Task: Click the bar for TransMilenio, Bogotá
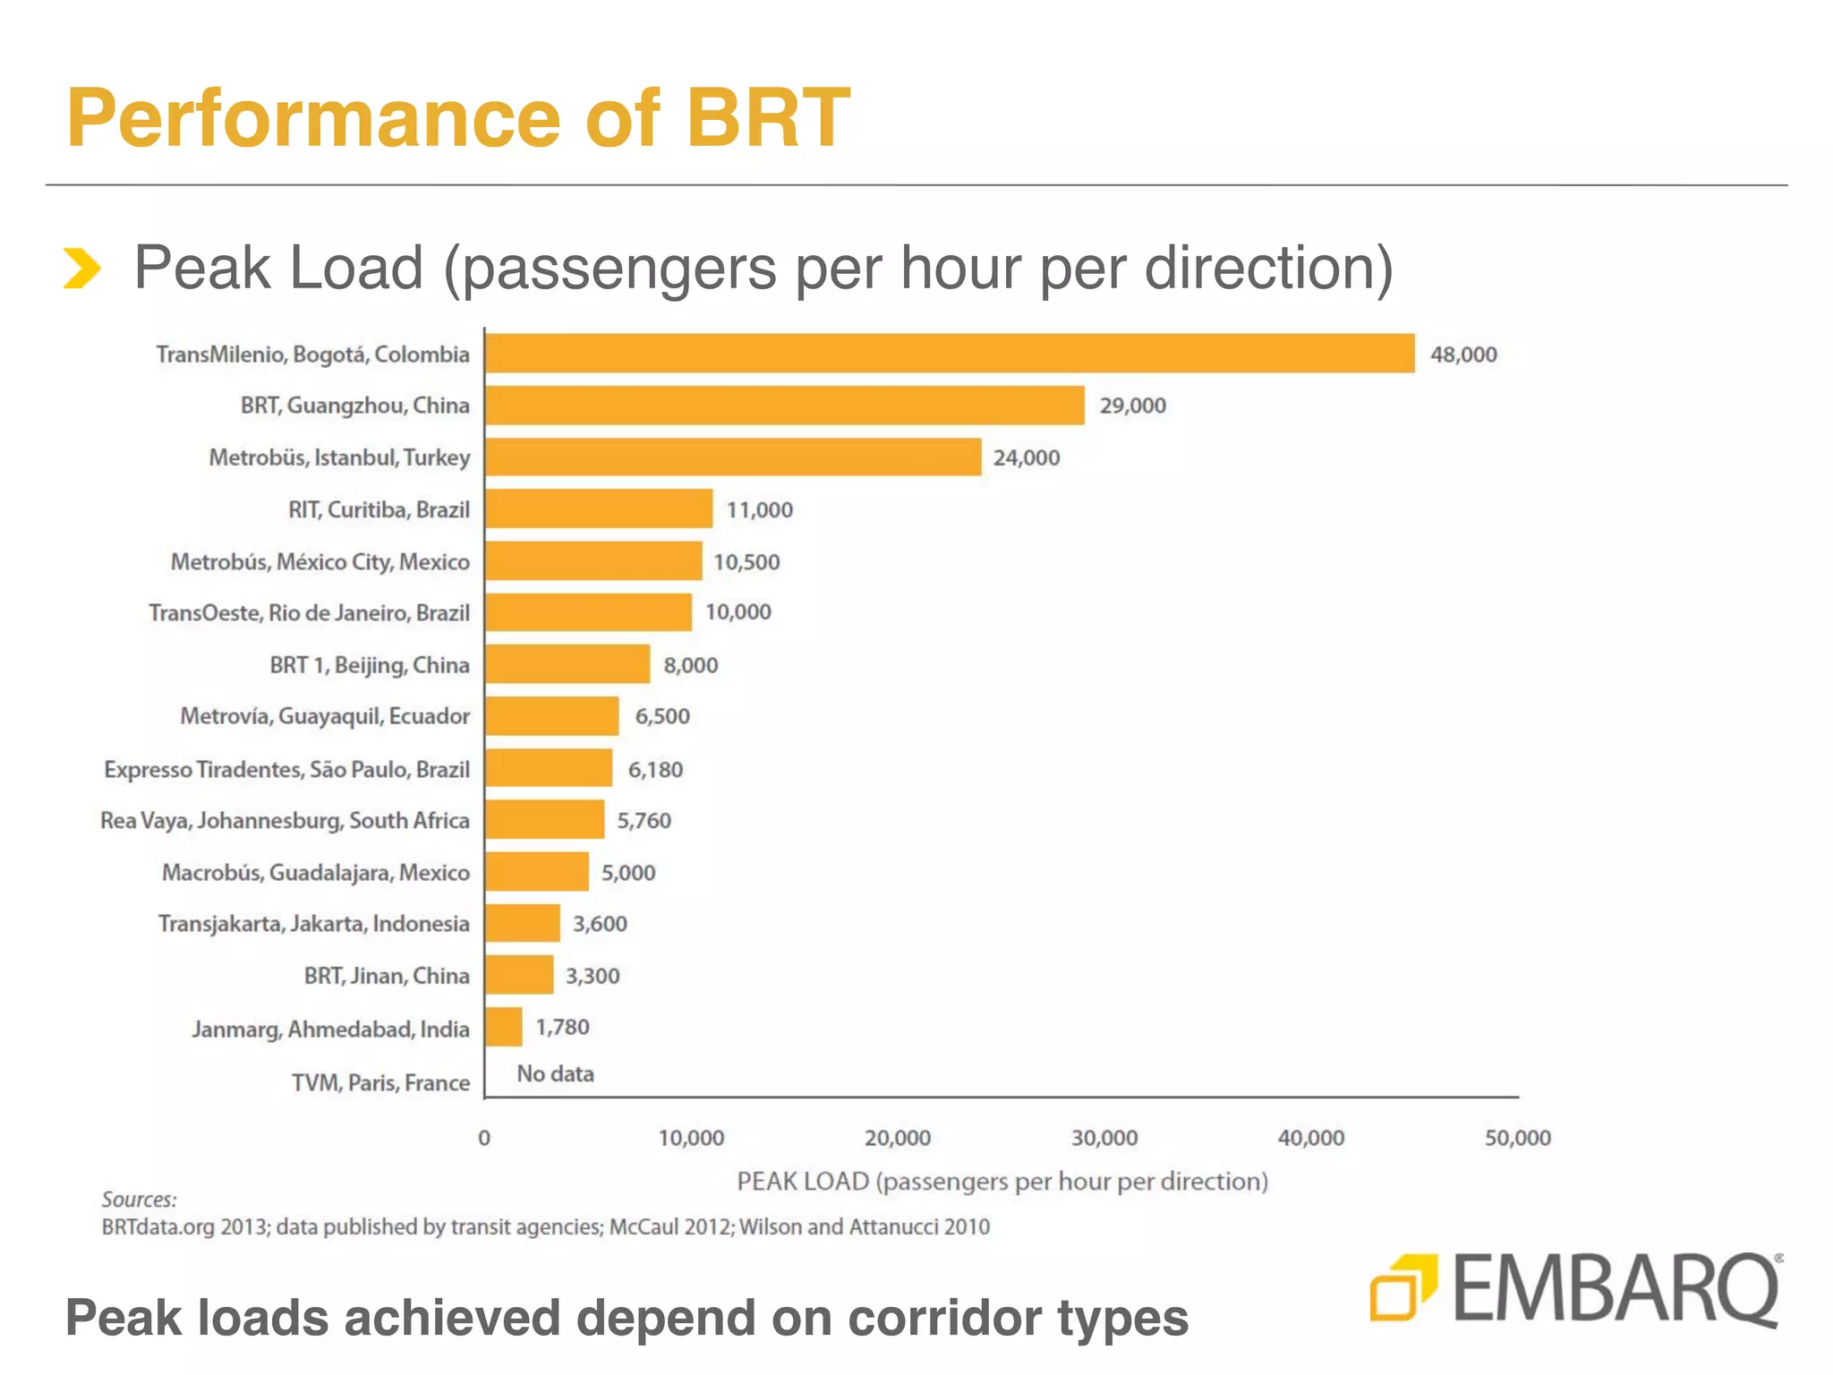[949, 354]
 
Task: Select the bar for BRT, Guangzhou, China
[785, 406]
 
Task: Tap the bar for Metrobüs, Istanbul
[733, 457]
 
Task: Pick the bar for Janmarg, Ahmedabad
[504, 1027]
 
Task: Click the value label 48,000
[1463, 354]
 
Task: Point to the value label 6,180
[655, 770]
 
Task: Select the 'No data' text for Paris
[555, 1073]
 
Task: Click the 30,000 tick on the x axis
[1104, 1138]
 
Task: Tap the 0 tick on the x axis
[484, 1138]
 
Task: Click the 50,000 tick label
[1517, 1138]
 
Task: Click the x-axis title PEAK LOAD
[1002, 1182]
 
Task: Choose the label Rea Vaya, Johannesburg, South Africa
[285, 821]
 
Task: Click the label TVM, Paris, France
[380, 1083]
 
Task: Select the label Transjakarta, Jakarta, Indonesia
[313, 924]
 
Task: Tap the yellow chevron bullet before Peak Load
[81, 269]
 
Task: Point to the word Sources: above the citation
[139, 1200]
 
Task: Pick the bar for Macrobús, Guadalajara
[537, 872]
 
